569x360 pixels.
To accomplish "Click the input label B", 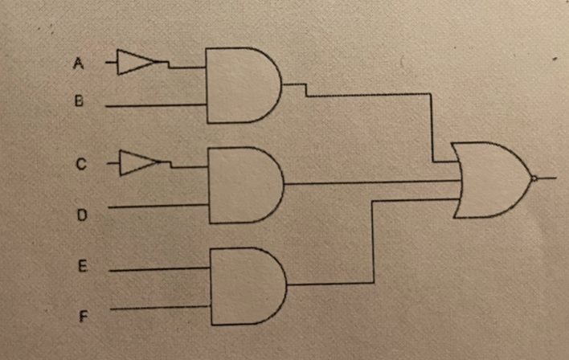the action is [79, 102].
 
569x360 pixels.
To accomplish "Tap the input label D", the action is [80, 215].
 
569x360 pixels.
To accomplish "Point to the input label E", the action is [81, 270].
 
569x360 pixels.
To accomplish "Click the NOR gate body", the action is [490, 180].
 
